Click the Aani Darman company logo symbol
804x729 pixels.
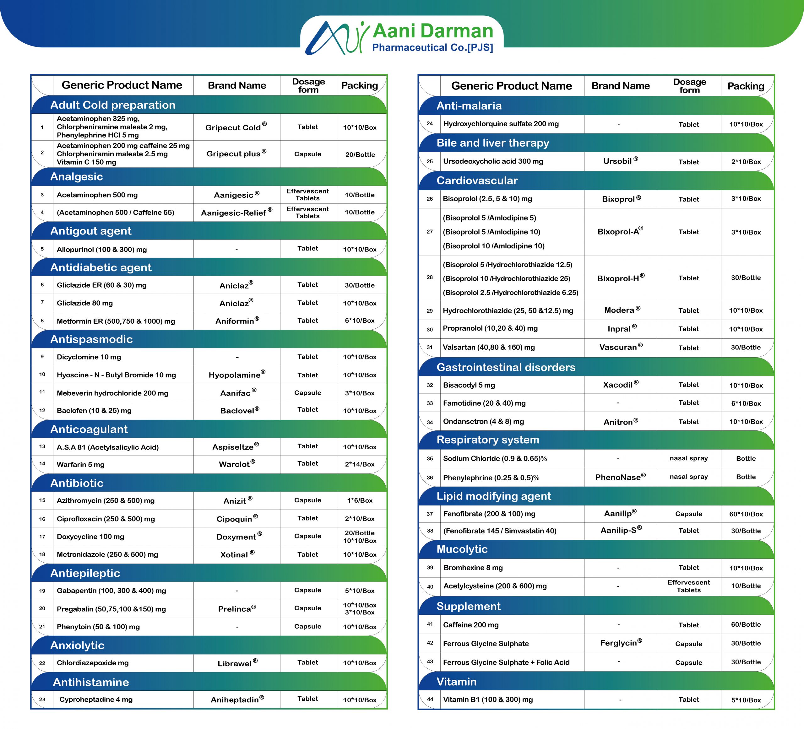(x=337, y=38)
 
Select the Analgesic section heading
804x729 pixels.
(x=77, y=176)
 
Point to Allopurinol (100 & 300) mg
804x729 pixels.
(x=102, y=250)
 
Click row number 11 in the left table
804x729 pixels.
(x=42, y=392)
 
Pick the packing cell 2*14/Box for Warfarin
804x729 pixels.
(x=360, y=464)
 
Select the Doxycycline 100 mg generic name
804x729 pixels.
(x=90, y=537)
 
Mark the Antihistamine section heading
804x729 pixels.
(x=91, y=682)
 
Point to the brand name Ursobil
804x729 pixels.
(x=621, y=161)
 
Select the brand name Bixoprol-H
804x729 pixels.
(x=621, y=278)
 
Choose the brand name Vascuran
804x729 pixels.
(x=621, y=347)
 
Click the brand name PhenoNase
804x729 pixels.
(x=621, y=477)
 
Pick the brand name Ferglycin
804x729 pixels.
(x=621, y=643)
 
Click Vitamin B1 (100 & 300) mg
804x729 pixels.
(x=488, y=699)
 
